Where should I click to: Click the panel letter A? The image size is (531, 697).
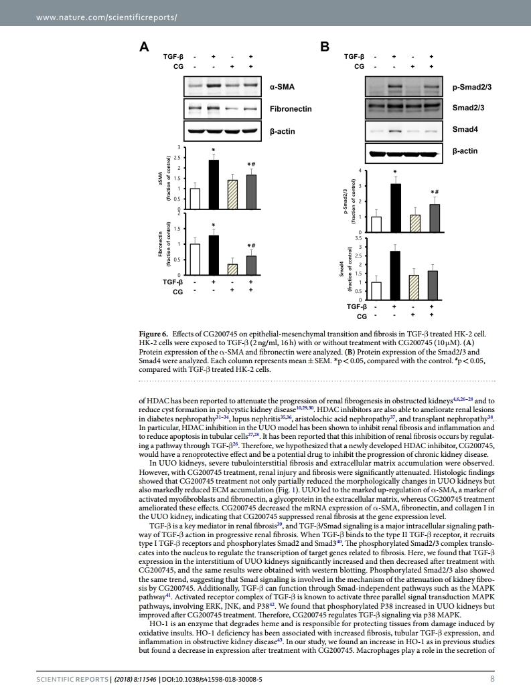[x=143, y=47]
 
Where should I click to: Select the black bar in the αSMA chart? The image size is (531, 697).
[x=214, y=185]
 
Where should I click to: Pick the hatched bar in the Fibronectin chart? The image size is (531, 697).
[x=232, y=269]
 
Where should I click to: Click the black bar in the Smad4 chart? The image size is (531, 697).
[x=395, y=275]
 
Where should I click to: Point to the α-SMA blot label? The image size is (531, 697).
[x=282, y=86]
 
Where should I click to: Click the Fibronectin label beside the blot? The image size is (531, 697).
[x=291, y=108]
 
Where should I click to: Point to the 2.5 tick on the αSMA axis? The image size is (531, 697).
[x=177, y=157]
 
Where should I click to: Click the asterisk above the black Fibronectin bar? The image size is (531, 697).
[x=214, y=225]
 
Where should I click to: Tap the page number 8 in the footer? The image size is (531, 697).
[x=492, y=680]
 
